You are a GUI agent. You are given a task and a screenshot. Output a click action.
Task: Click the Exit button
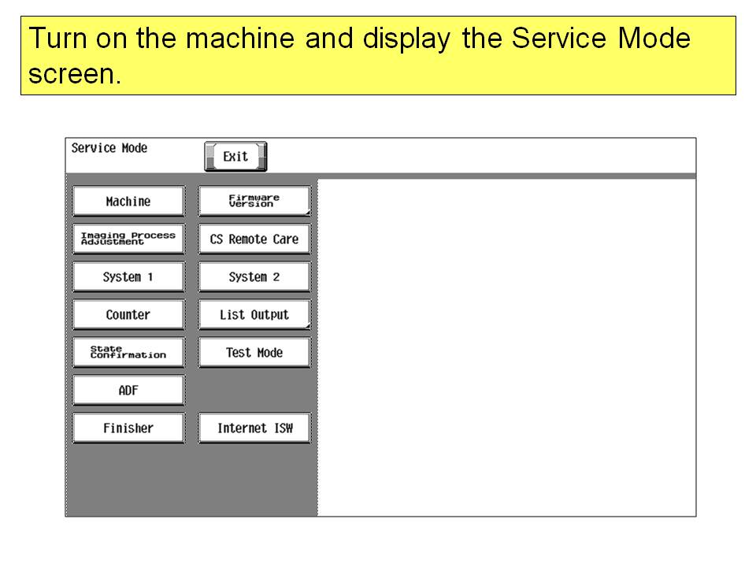[235, 156]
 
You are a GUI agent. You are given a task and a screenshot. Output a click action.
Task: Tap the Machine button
[128, 201]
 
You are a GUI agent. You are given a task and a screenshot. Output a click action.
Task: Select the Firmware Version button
[254, 201]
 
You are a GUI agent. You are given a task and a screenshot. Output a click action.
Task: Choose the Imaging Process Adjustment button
[128, 239]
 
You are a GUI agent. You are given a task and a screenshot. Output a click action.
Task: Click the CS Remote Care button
[254, 239]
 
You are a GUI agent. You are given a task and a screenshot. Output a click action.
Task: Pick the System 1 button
[128, 276]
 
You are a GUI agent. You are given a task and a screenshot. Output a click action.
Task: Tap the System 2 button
[254, 276]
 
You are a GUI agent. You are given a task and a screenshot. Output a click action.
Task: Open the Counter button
[128, 314]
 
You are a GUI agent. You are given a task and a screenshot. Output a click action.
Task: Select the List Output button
[254, 314]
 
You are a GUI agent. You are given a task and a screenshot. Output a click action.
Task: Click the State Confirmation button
[128, 353]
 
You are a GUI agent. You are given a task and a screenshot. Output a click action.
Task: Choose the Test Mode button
[254, 353]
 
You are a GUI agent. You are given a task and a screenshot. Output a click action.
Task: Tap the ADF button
[128, 390]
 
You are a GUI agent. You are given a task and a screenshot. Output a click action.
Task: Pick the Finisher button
[128, 428]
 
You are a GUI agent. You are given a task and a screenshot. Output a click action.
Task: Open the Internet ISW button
[254, 428]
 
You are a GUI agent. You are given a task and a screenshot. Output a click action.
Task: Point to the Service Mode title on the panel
[109, 148]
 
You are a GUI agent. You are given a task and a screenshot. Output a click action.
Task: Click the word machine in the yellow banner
[240, 38]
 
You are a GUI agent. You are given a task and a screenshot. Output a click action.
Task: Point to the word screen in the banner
[75, 74]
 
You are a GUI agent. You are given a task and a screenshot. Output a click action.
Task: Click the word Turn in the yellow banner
[57, 38]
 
